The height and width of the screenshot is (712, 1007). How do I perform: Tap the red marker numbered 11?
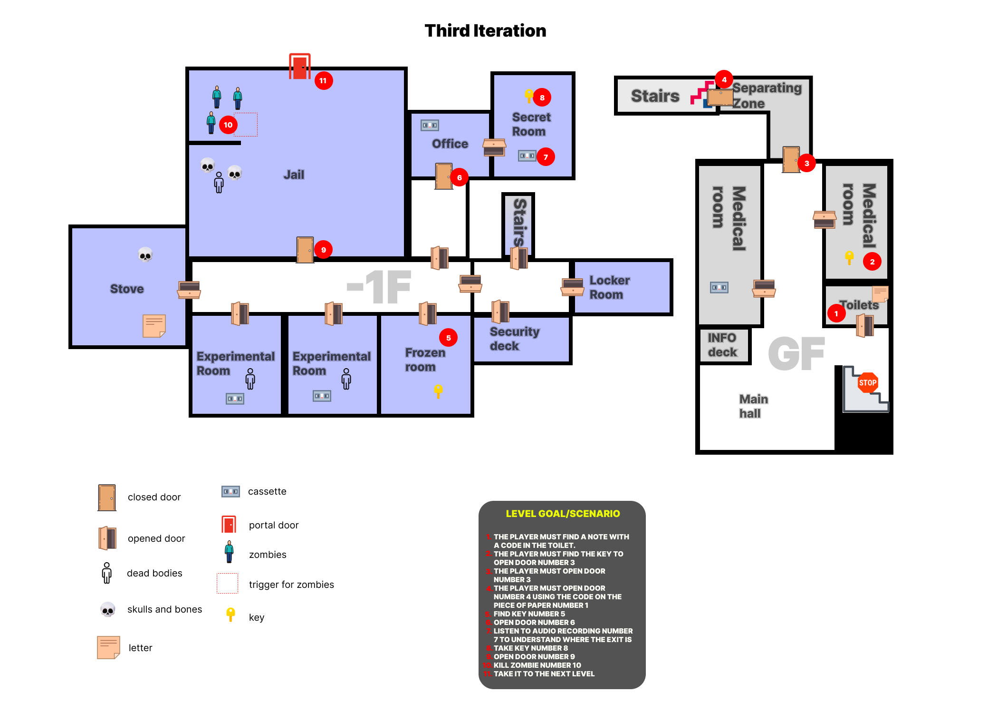pos(323,81)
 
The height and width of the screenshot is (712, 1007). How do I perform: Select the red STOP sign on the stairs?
pos(867,382)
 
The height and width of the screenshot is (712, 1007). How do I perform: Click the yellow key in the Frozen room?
pos(438,391)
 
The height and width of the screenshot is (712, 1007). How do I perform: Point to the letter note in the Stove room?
pos(154,326)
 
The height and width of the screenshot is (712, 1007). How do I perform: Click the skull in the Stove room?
pos(145,254)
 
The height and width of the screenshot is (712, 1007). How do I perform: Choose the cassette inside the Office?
pos(430,125)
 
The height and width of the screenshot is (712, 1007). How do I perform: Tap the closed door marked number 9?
pos(305,249)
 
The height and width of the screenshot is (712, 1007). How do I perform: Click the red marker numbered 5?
pos(448,338)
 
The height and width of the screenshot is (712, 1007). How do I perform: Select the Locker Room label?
pos(609,287)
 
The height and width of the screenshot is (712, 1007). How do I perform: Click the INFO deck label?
pos(722,345)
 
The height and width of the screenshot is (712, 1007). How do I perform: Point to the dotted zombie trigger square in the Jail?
pos(246,125)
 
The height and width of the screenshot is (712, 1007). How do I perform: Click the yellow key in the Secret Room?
pos(528,96)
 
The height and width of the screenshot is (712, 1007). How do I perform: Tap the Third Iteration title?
pos(485,31)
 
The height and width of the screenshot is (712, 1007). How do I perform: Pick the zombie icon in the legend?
pos(230,552)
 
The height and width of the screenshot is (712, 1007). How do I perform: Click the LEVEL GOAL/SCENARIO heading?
pos(563,514)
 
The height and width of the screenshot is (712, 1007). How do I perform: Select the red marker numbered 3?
pos(806,163)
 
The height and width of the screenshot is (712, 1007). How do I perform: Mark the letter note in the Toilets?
pos(880,293)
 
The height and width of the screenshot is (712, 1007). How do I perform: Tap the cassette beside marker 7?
pos(527,156)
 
